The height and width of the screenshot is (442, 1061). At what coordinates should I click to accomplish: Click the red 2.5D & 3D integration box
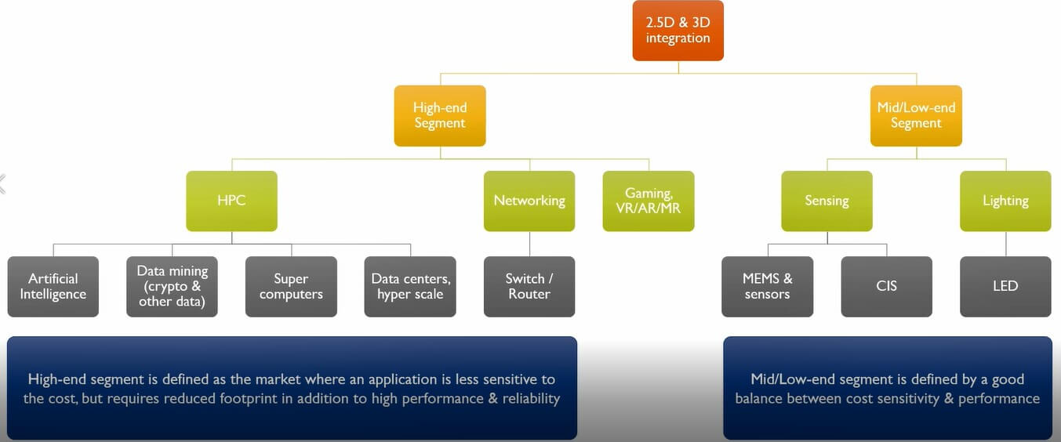[678, 31]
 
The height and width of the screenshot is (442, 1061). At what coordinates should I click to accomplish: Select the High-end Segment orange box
[439, 115]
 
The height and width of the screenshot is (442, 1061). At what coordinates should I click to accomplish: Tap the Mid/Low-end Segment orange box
[916, 115]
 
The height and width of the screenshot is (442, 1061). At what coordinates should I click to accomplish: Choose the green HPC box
[231, 201]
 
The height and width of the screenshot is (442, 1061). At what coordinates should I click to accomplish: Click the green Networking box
[529, 201]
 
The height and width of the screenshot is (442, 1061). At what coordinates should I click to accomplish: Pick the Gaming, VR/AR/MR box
[649, 201]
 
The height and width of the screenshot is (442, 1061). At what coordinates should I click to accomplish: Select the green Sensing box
[827, 201]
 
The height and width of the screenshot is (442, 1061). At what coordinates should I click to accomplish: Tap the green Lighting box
[1005, 201]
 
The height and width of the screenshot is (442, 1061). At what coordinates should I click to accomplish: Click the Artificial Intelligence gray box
[53, 287]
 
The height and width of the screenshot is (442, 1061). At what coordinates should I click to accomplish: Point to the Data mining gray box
[172, 287]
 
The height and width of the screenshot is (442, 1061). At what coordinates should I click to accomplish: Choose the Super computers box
[291, 287]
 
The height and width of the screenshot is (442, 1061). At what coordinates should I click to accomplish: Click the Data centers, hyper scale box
[410, 287]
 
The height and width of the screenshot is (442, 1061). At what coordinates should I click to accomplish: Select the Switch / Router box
[529, 287]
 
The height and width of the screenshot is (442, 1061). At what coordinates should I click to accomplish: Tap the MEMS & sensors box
[767, 287]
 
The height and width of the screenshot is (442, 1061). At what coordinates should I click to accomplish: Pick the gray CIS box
[886, 287]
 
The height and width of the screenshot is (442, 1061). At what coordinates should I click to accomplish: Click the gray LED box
[1005, 287]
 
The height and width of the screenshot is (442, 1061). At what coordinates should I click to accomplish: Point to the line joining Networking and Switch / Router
[529, 244]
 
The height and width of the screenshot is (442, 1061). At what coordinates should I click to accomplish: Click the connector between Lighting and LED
[1005, 244]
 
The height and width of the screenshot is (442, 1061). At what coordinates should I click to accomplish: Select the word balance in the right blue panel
[764, 399]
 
